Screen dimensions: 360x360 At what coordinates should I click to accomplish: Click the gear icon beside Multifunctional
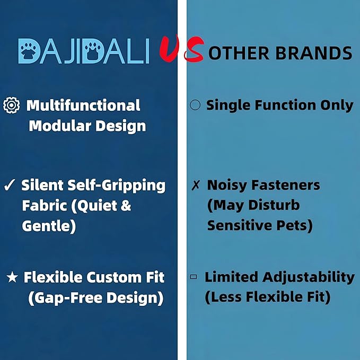(x=11, y=106)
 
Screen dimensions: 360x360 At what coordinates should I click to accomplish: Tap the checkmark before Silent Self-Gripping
(x=9, y=186)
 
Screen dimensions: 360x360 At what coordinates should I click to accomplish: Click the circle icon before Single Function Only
(x=195, y=105)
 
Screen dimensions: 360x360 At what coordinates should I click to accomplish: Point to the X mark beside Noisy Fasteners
(x=195, y=186)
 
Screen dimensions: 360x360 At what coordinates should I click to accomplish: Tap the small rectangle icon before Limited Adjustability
(x=194, y=277)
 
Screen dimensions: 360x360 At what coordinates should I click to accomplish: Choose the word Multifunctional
(x=83, y=106)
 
